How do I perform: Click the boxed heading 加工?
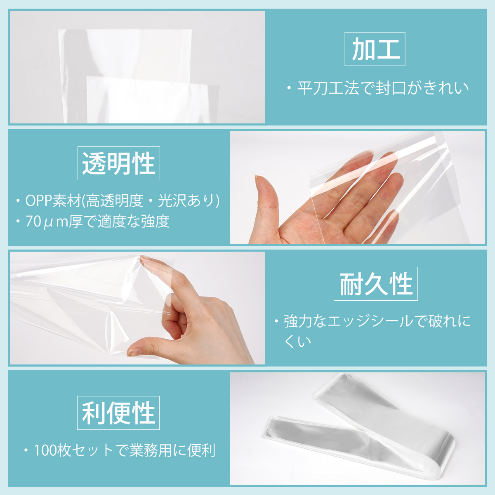pyautogui.click(x=375, y=49)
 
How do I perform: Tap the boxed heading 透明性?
pyautogui.click(x=119, y=163)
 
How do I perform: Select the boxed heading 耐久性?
pyautogui.click(x=375, y=284)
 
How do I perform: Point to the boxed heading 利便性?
pyautogui.click(x=118, y=413)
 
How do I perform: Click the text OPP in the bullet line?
pyautogui.click(x=38, y=200)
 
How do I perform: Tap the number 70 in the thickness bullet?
pyautogui.click(x=33, y=222)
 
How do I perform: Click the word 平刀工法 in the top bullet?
pyautogui.click(x=328, y=88)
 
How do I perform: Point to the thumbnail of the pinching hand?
pyautogui.click(x=134, y=352)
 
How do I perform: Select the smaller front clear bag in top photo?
pyautogui.click(x=153, y=100)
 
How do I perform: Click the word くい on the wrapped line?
pyautogui.click(x=297, y=342)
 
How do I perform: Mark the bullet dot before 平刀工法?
pyautogui.click(x=289, y=89)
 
